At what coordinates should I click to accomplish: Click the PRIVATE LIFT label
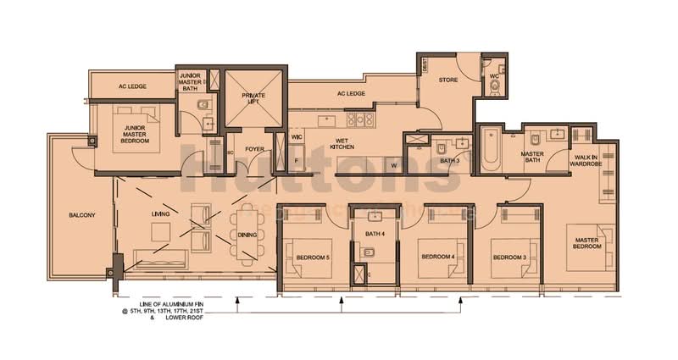253,100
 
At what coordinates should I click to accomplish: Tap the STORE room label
447,80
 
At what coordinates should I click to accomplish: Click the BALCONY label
81,215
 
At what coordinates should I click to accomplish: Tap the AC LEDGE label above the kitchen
350,94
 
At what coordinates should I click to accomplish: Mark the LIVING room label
160,214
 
